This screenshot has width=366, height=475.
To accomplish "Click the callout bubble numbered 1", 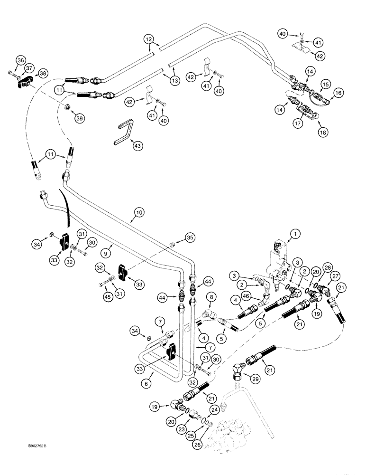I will pos(295,233).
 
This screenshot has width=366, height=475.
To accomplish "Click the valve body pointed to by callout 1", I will pos(280,259).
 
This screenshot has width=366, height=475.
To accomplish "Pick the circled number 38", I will pos(43,74).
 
